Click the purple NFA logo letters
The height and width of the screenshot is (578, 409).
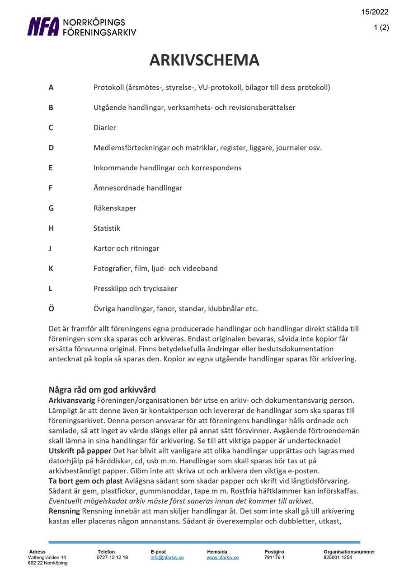(43, 27)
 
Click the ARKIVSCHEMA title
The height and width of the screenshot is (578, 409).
(204, 60)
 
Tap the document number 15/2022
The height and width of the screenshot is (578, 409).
(375, 12)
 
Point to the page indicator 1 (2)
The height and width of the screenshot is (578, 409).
(381, 28)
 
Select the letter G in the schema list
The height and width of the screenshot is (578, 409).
(51, 208)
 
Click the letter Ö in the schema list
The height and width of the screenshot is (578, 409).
(51, 308)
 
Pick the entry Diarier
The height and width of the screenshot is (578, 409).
(105, 128)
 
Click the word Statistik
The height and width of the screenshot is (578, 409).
(107, 228)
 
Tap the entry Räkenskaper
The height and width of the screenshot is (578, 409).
(115, 208)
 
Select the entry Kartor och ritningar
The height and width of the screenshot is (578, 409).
(126, 248)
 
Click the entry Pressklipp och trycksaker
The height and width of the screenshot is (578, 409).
(135, 289)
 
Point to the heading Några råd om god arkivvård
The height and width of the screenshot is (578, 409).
(102, 390)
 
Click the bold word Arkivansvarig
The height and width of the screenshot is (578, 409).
(72, 401)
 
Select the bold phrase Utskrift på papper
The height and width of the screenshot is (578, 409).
(80, 451)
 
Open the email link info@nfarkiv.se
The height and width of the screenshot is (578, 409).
(167, 558)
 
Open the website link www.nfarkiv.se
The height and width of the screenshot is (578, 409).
(223, 558)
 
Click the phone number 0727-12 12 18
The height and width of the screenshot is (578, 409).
(113, 558)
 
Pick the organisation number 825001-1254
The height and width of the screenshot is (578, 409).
(338, 558)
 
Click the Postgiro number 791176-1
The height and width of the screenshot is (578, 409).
(274, 558)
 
